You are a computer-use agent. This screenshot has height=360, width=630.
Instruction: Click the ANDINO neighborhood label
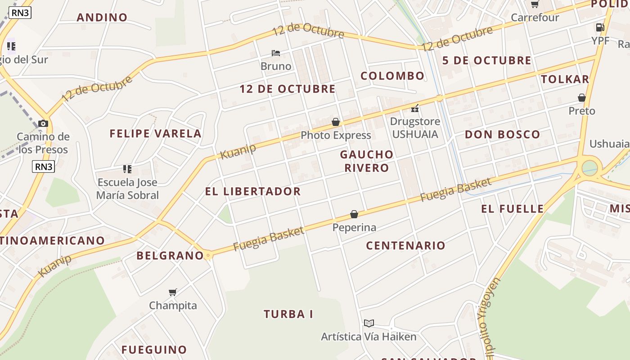(102, 18)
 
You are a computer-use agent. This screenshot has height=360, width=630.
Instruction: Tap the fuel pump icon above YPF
(600, 27)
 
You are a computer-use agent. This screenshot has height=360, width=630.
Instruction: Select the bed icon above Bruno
(276, 53)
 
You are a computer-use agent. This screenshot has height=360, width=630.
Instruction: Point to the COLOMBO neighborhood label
(392, 76)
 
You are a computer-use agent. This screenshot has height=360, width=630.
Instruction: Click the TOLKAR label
(565, 79)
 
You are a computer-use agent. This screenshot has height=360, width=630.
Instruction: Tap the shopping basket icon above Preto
(581, 98)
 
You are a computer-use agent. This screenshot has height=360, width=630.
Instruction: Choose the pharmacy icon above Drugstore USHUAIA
(415, 108)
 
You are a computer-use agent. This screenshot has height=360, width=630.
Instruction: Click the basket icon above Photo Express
(336, 122)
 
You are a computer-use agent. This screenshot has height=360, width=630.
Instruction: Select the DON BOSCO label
(502, 135)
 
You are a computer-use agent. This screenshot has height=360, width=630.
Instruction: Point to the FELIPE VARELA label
(156, 134)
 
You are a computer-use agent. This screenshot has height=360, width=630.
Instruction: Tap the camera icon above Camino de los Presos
(43, 123)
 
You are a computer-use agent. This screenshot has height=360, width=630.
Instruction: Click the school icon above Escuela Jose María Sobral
(127, 169)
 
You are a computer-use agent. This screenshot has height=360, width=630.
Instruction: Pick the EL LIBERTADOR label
(253, 191)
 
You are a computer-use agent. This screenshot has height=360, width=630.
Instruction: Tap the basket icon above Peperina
(354, 214)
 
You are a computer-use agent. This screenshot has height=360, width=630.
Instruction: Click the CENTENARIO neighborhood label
(405, 246)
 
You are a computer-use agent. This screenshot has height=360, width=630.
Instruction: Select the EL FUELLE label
(513, 209)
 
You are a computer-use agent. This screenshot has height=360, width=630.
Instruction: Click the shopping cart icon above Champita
(173, 292)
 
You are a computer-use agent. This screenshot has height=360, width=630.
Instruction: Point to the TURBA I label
(288, 314)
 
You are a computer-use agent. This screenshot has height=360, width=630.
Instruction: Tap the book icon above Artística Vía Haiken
(369, 323)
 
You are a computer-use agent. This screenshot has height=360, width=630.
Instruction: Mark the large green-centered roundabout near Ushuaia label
(589, 168)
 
